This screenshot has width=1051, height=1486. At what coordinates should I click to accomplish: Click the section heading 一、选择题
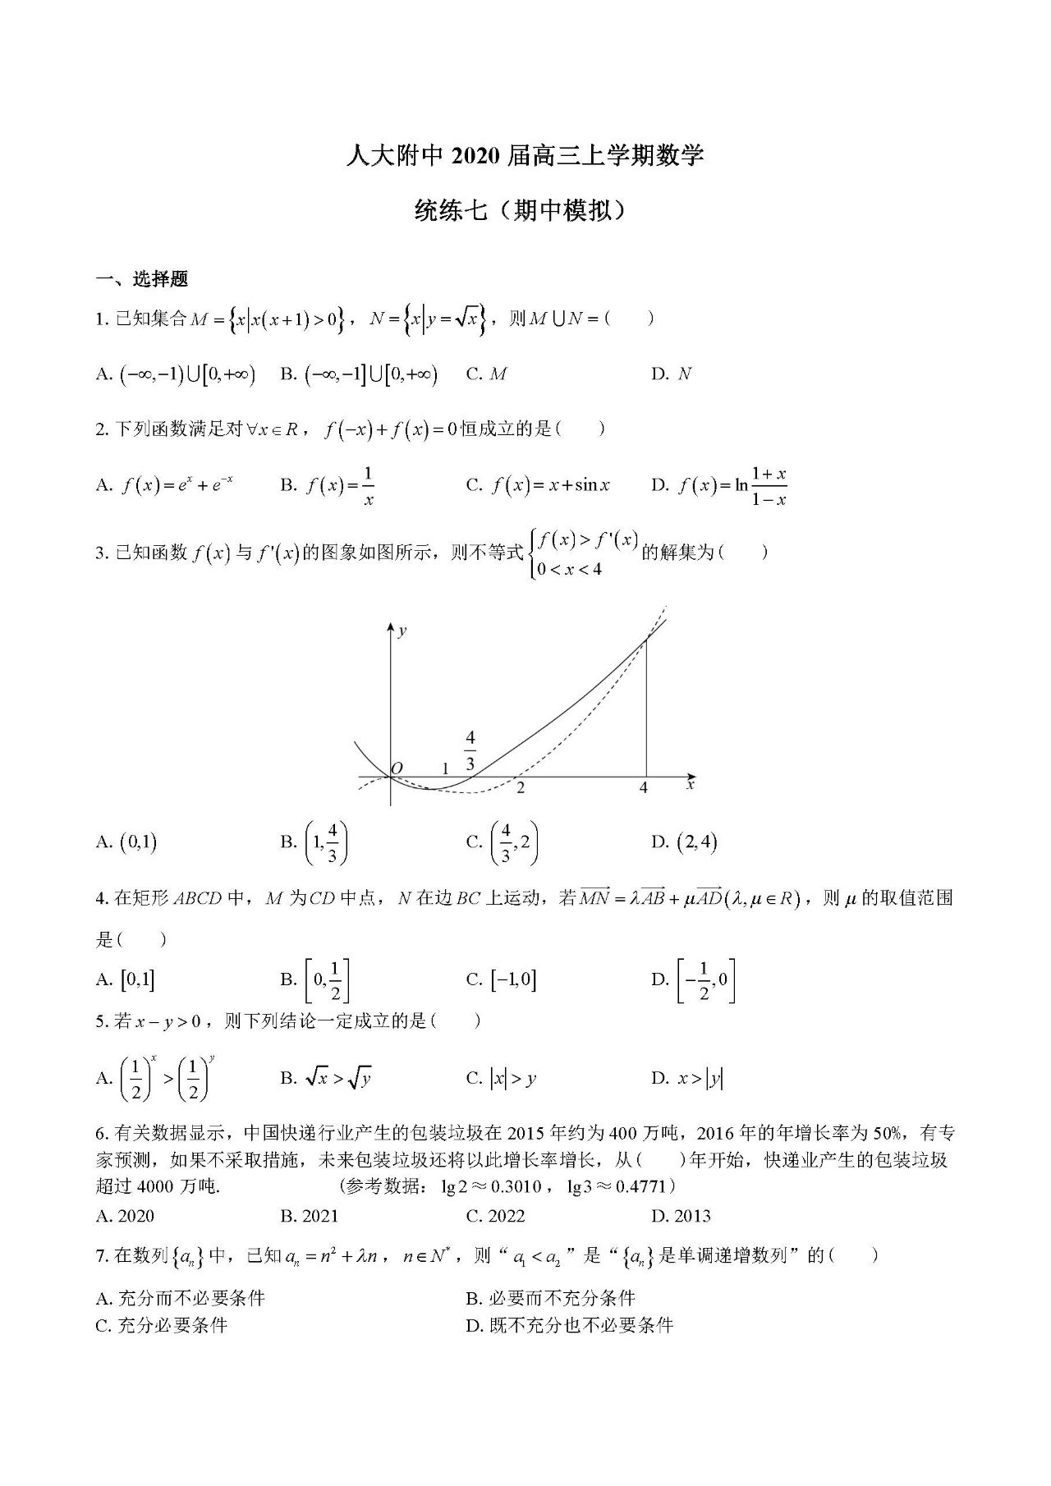[x=142, y=280]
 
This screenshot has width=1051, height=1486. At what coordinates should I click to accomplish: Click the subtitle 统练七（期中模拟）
[x=525, y=213]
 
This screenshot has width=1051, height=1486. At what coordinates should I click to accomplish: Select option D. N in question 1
[x=672, y=374]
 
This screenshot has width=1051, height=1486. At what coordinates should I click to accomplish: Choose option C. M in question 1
[x=487, y=374]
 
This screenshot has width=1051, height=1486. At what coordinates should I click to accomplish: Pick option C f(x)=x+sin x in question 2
[x=539, y=485]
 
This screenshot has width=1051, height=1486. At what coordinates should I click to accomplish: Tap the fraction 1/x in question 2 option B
[x=368, y=486]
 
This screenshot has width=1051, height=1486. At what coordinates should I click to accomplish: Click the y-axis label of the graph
[x=402, y=631]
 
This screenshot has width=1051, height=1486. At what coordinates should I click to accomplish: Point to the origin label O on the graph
[x=397, y=768]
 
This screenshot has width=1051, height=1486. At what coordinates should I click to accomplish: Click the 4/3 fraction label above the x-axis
[x=470, y=750]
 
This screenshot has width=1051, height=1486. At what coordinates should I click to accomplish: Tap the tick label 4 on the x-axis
[x=644, y=788]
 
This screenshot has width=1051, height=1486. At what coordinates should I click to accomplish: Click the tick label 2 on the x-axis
[x=521, y=788]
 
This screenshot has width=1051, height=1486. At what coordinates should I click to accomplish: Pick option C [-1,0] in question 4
[x=502, y=979]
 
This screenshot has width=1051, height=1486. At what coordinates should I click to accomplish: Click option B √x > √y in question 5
[x=327, y=1078]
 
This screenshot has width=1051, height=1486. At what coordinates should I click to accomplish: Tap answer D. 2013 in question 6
[x=681, y=1216]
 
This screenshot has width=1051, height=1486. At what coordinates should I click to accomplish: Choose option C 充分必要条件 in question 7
[x=162, y=1325]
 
